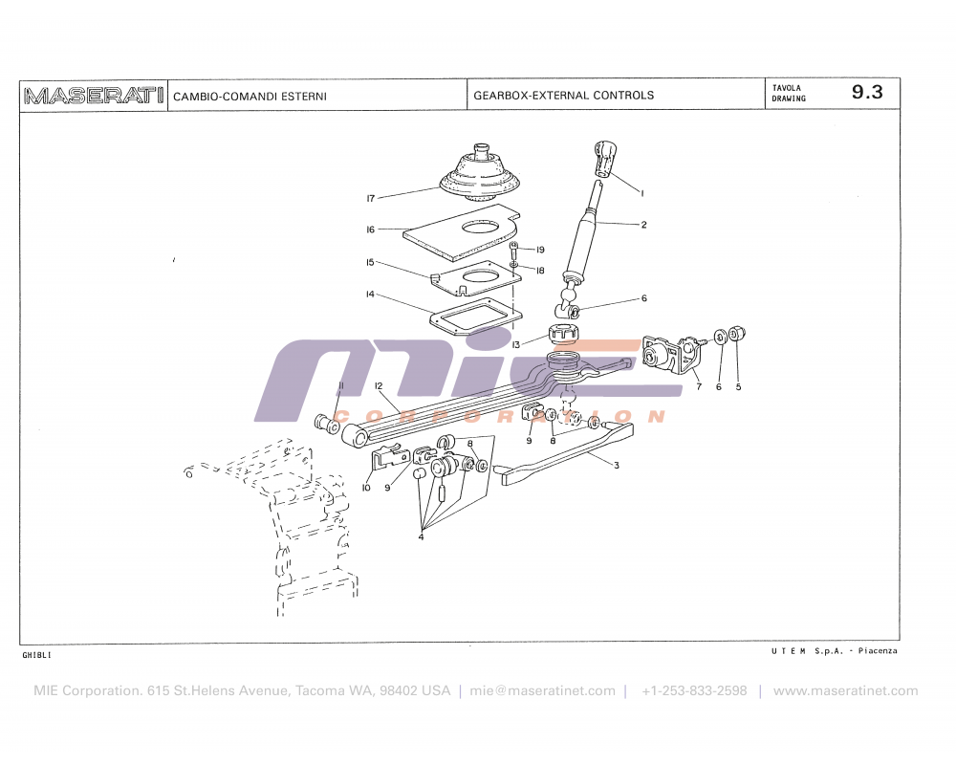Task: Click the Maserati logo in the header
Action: click(94, 95)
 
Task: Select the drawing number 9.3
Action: click(867, 93)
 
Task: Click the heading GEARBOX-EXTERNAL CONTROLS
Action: click(564, 96)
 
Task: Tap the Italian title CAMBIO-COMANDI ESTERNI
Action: click(250, 96)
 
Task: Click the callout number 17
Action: click(370, 199)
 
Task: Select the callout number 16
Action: click(370, 229)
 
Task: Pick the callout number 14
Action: click(370, 295)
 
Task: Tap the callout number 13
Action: click(516, 344)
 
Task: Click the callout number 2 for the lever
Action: click(644, 225)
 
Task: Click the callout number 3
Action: click(617, 466)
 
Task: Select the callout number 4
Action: click(421, 536)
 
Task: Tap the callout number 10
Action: click(366, 489)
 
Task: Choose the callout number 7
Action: click(699, 387)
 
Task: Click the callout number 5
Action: click(738, 387)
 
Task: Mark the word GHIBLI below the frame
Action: click(36, 655)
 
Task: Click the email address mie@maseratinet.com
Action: click(543, 690)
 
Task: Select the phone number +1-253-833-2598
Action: click(694, 690)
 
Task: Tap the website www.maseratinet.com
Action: click(845, 690)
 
